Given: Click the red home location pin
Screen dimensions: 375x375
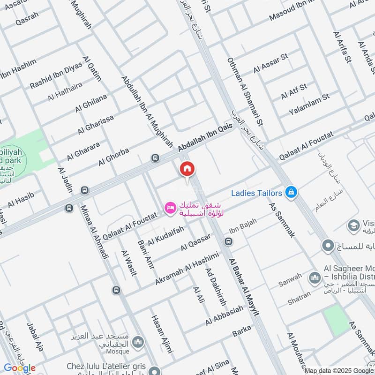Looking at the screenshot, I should pos(187,170).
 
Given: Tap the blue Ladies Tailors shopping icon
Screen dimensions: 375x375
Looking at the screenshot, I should pos(292,192).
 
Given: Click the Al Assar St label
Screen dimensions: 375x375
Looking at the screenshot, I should pos(270,63).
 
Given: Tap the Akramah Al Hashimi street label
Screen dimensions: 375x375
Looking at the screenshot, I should pos(187,268).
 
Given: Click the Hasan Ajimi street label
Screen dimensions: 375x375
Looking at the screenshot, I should pos(162,333).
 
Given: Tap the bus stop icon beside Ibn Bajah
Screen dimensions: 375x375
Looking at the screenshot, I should pos(228,242).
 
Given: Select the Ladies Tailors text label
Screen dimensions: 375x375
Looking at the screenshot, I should pos(257,193).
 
